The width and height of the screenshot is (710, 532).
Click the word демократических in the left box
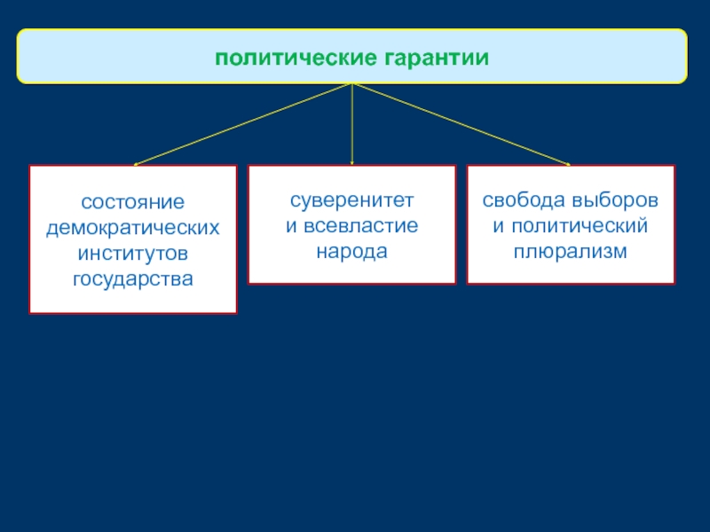point(133,227)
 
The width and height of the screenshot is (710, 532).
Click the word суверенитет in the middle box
point(352,199)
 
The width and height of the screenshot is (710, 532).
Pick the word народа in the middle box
point(352,251)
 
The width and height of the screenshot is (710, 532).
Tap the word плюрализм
point(571,251)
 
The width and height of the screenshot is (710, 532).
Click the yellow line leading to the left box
point(244,124)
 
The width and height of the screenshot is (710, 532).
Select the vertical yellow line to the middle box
point(352,124)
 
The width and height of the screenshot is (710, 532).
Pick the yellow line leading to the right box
point(461,124)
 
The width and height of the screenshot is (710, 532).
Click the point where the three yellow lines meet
point(352,83)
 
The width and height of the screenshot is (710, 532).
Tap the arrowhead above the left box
point(135,164)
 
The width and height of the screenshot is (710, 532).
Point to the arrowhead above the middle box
point(352,163)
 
